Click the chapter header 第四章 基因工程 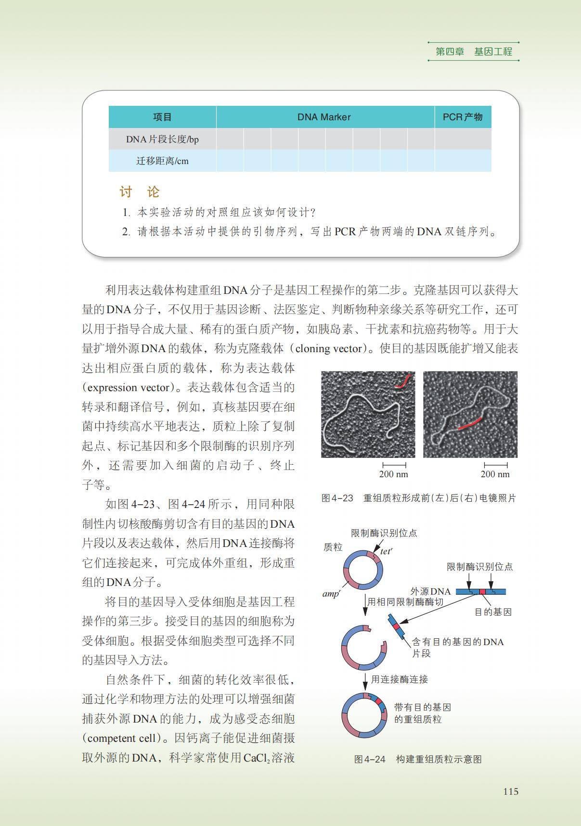point(474,51)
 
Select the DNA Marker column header point(323,117)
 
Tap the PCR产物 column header point(462,117)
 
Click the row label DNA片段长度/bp point(162,140)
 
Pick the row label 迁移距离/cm point(162,161)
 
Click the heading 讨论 point(140,192)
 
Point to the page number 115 point(511,791)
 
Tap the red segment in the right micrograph point(469,424)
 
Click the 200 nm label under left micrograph point(393,474)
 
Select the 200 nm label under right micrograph point(495,474)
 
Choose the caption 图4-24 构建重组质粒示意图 point(418,759)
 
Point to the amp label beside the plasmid point(331,594)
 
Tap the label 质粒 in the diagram point(333,547)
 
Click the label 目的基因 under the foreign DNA point(493,612)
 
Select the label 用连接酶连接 point(399,679)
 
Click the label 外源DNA point(430,591)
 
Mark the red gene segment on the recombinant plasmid point(379,701)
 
